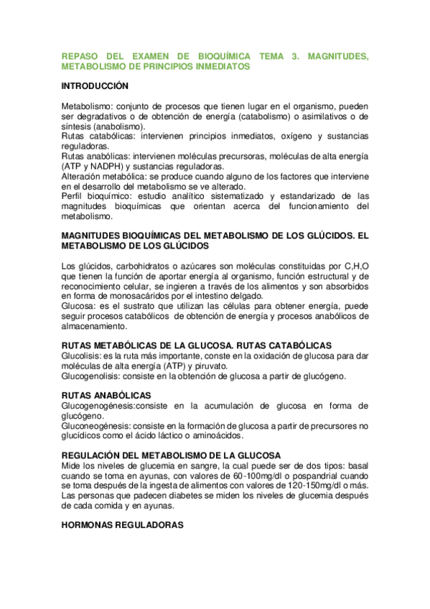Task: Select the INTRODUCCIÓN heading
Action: tap(95, 86)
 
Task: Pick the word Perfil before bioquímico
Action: tap(73, 196)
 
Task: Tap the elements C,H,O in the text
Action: tap(355, 268)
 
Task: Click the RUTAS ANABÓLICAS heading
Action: tap(106, 396)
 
